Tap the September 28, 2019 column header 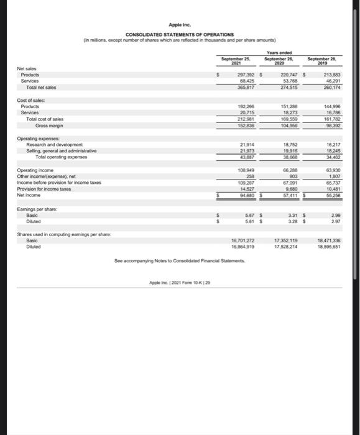click(322, 60)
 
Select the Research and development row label click(53, 144)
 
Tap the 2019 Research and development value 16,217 click(323, 144)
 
